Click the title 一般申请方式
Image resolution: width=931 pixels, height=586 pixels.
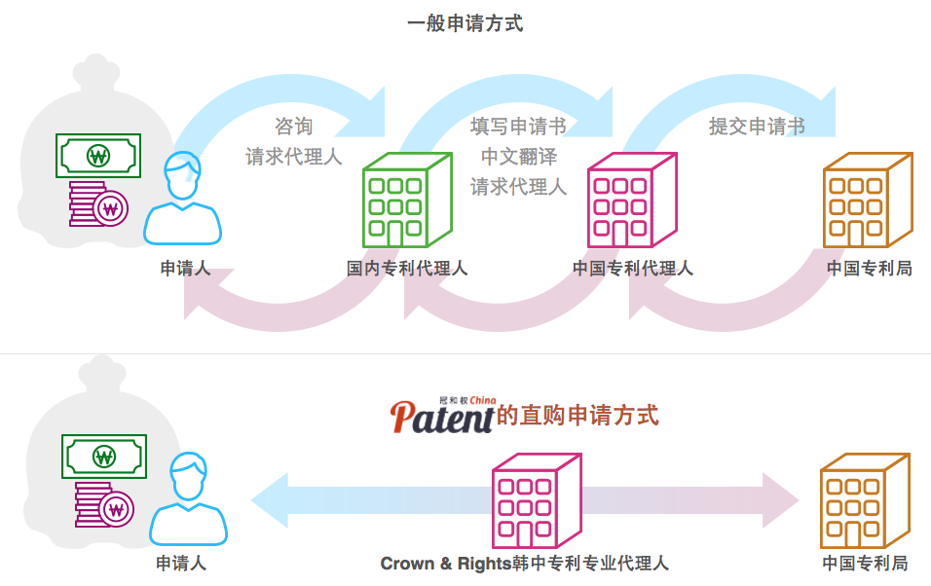pos(465,23)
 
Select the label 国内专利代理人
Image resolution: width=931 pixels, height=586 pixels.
pos(407,268)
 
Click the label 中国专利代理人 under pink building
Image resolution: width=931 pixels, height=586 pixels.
pos(633,268)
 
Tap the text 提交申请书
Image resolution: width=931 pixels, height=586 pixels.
pos(757,127)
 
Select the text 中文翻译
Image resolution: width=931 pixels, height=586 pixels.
pos(518,157)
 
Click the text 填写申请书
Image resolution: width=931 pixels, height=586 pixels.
pos(518,127)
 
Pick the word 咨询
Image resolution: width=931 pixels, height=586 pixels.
pos(293,127)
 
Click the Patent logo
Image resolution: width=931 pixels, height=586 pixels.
pos(443,415)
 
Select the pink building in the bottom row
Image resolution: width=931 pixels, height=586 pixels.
pos(536,502)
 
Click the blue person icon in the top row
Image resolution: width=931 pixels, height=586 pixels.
pos(182,199)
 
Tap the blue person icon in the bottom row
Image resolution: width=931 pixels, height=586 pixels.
pos(188,498)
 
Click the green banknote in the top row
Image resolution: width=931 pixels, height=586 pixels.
pos(98,156)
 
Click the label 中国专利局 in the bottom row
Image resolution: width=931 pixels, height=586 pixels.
pos(865,564)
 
